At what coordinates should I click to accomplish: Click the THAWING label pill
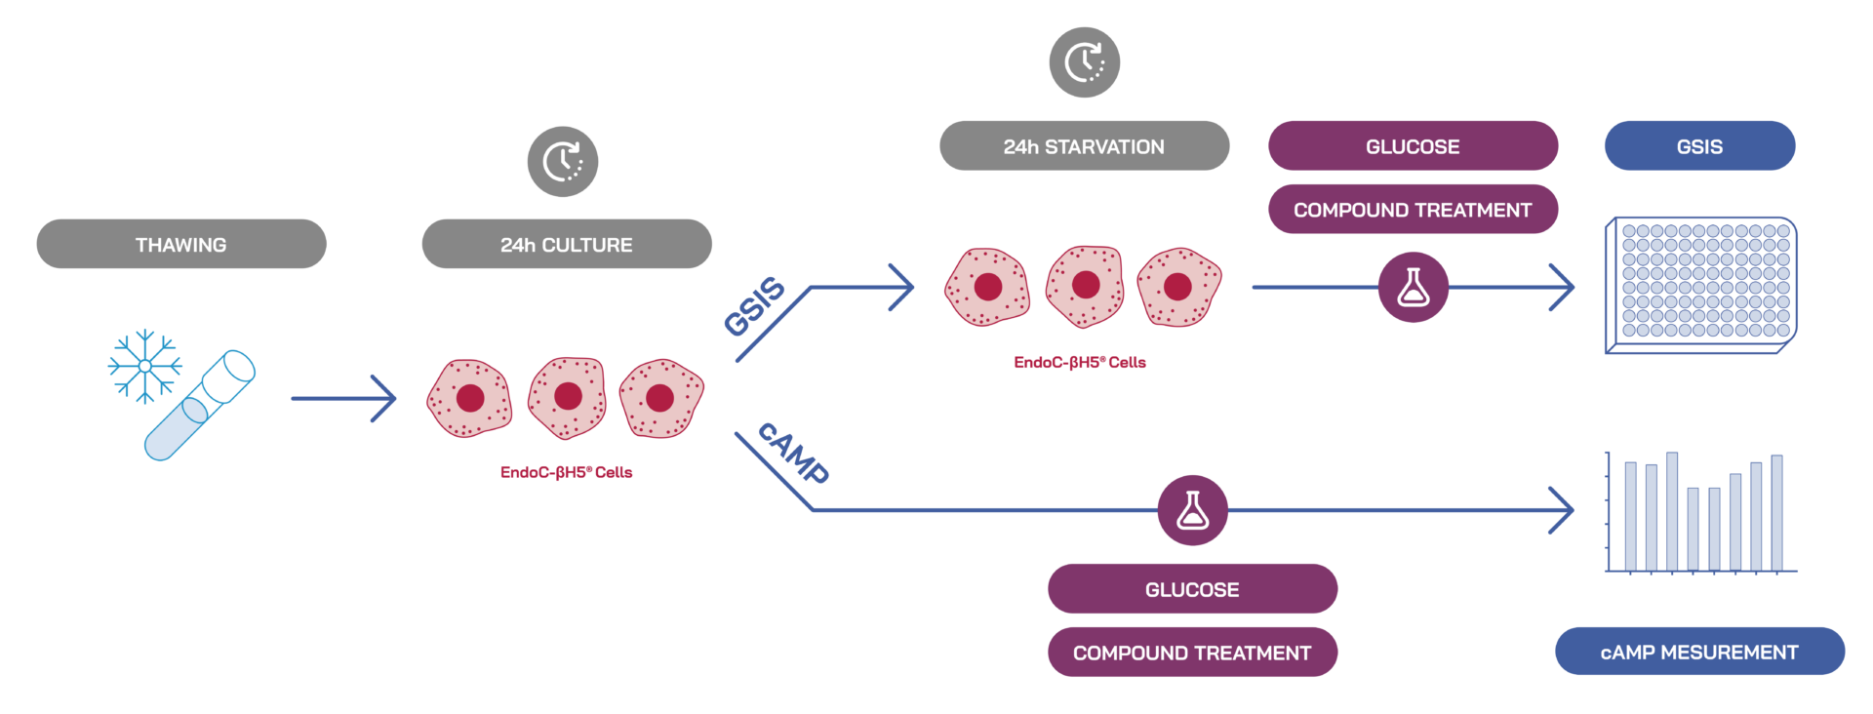pos(181,244)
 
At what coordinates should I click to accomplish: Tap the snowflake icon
pos(144,366)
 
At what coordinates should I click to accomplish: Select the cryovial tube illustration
pos(200,406)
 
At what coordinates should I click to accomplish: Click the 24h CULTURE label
pos(567,244)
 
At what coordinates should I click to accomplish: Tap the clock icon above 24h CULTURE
pos(563,162)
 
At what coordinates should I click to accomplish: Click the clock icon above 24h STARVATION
pos(1084,62)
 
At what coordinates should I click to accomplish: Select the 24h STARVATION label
pos(1084,146)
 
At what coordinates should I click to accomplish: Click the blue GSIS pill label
pos(1699,146)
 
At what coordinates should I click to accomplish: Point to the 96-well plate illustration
pos(1701,285)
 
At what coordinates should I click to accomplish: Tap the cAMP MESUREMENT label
pos(1699,652)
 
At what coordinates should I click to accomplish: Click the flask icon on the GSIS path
pos(1413,288)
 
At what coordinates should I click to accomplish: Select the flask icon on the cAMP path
pos(1192,510)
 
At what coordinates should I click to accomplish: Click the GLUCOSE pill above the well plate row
pos(1413,146)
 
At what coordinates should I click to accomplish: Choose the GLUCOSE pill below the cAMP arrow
pos(1192,589)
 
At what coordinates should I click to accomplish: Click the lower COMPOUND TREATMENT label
pos(1192,653)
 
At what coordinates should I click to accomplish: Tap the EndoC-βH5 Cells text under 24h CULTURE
pos(567,472)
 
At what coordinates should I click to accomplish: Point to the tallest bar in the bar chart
pos(1672,511)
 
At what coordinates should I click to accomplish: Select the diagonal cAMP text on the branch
pos(793,454)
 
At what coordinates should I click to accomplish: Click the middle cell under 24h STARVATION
pos(1085,286)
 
